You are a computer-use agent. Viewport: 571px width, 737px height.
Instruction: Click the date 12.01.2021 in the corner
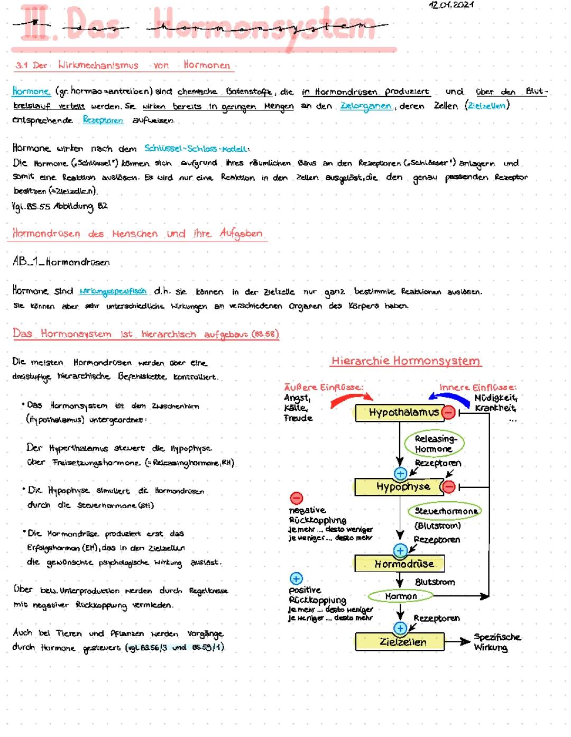[451, 5]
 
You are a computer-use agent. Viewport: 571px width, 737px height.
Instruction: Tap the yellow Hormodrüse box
[399, 564]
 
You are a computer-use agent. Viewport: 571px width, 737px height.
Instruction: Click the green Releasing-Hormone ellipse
[434, 444]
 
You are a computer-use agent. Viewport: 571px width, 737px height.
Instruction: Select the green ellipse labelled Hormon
[401, 596]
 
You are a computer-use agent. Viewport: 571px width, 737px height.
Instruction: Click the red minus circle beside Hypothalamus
[448, 412]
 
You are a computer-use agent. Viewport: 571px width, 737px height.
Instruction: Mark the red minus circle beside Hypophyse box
[448, 486]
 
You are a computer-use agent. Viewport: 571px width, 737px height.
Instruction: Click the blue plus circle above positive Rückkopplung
[296, 578]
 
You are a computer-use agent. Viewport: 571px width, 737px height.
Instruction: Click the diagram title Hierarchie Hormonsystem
[406, 361]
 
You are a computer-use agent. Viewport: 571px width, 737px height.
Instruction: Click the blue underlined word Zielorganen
[366, 106]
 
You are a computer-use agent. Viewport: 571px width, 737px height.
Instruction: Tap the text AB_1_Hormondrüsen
[61, 262]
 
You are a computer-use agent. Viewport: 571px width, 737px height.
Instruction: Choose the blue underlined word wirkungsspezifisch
[113, 291]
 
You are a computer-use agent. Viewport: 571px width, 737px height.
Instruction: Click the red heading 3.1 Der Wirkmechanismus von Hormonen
[123, 66]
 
